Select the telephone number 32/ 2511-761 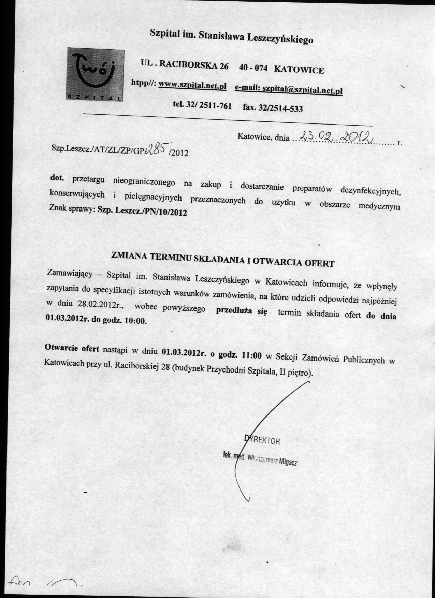tap(209, 105)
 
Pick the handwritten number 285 tap(158, 149)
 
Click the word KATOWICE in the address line tap(299, 70)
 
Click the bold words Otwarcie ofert tap(72, 348)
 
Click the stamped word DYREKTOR tap(262, 440)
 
